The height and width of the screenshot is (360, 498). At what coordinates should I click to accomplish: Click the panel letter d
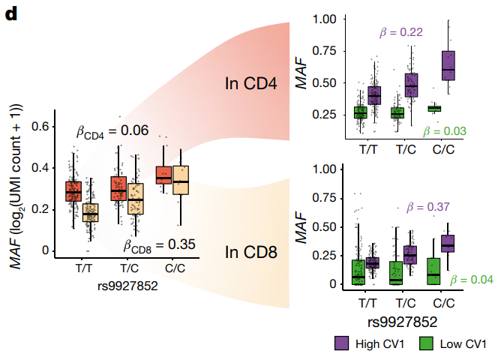(x=11, y=13)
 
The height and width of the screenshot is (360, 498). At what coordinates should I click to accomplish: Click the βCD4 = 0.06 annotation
(x=113, y=131)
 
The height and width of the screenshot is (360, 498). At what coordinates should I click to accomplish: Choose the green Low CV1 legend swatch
(x=425, y=344)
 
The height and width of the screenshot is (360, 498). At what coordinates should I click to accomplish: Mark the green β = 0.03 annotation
(x=445, y=131)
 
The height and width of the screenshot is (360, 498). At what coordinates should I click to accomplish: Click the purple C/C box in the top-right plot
(x=448, y=65)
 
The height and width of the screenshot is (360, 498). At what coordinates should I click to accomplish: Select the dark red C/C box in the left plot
(x=163, y=175)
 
